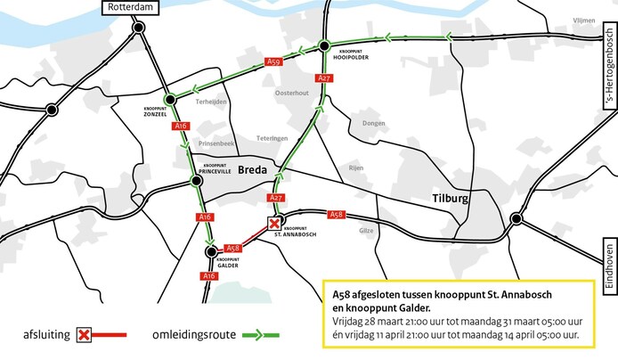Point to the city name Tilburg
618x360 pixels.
[449, 199]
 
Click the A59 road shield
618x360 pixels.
[274, 61]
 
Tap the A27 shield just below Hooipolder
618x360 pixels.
[324, 78]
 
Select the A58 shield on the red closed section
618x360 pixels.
[232, 249]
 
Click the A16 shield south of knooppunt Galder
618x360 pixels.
[208, 276]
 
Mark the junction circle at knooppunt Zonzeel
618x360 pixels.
[169, 99]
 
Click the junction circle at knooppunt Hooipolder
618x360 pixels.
[325, 45]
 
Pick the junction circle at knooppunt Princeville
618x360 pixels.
[195, 182]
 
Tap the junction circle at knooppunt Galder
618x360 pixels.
[211, 252]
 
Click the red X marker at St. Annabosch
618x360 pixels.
[275, 224]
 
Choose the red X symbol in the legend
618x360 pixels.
[85, 334]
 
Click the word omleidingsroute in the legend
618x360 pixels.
[193, 334]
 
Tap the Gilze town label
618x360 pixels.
[366, 229]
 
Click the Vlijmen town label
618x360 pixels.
[583, 19]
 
